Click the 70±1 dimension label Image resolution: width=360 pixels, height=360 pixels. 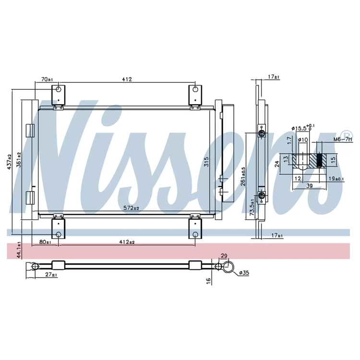point(47,79)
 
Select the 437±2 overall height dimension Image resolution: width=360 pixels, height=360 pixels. point(10,162)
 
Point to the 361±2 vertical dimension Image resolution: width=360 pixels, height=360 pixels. point(19,159)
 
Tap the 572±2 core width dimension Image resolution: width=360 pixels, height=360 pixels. point(132,208)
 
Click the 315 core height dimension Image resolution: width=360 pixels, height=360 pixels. point(206,162)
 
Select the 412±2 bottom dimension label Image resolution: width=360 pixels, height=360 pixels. point(127,242)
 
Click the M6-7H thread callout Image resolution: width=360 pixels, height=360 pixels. point(343,139)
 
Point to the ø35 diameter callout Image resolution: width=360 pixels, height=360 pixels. point(244,273)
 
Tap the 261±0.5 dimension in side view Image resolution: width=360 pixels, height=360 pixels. point(243,176)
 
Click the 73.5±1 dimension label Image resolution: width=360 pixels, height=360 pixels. point(252,207)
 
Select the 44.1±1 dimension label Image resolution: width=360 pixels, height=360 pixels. point(19,250)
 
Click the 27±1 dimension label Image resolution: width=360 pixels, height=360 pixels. point(51,275)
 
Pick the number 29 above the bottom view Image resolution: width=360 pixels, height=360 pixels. point(224,256)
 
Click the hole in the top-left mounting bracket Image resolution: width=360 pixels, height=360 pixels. point(59,89)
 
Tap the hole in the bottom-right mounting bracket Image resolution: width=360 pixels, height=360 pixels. point(195,234)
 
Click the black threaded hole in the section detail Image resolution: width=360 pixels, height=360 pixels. point(319,160)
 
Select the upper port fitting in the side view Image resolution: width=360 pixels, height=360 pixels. point(261,133)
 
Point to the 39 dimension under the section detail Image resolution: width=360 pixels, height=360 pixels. point(310,186)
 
